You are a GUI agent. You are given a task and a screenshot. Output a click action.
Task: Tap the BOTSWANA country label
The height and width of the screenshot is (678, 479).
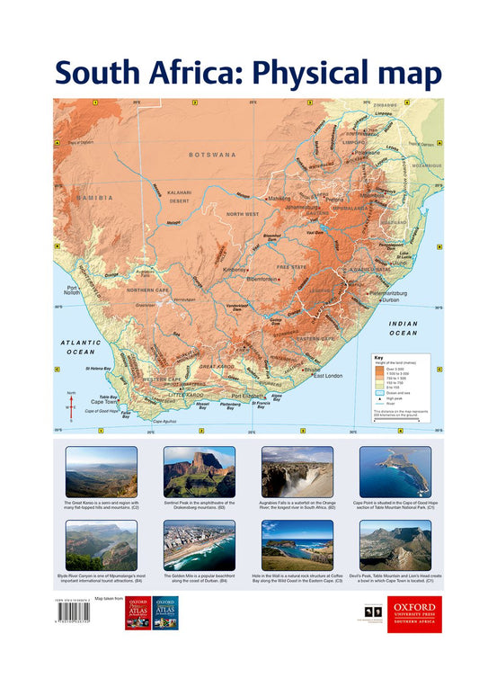point(212,155)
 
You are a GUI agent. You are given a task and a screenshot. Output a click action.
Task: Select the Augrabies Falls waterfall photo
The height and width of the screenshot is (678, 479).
point(297,472)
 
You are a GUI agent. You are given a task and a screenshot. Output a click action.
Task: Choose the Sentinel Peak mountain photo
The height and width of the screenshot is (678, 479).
point(199,472)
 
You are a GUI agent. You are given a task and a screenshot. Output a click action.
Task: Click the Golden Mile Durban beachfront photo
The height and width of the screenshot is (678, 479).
point(199,545)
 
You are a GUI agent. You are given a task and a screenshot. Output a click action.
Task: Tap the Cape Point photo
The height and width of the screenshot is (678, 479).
point(395,472)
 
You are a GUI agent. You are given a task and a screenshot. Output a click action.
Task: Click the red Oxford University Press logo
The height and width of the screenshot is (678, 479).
point(414,614)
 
